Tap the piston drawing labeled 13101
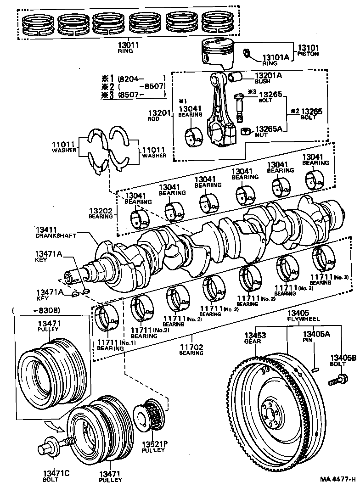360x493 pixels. click(x=220, y=52)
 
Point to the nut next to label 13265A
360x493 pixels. click(x=245, y=131)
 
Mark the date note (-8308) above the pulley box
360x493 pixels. click(x=39, y=311)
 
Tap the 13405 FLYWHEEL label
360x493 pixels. click(x=303, y=315)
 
